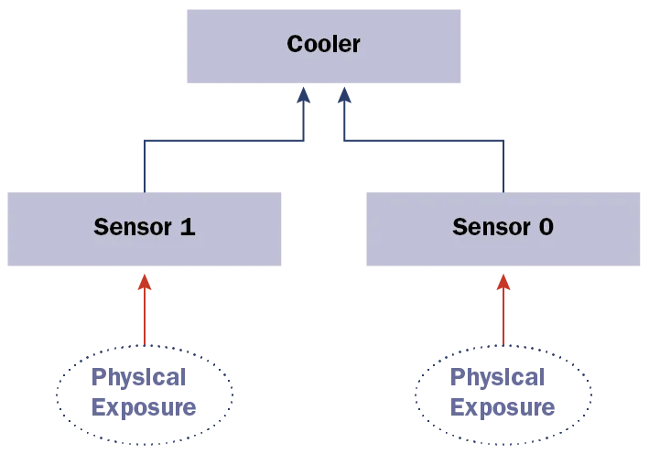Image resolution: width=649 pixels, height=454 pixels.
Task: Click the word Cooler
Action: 323,44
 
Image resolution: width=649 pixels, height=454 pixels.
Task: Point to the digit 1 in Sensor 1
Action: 188,226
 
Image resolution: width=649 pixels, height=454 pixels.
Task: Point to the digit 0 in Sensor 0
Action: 546,226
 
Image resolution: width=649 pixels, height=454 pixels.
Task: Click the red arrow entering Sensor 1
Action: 143,316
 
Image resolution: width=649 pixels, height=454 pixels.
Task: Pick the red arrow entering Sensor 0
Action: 502,316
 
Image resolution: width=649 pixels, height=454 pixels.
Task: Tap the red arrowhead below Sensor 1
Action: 143,281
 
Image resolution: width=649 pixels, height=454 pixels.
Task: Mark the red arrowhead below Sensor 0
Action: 502,281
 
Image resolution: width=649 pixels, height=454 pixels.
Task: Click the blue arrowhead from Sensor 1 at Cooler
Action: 304,96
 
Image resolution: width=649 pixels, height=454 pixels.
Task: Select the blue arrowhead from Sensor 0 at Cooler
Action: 343,96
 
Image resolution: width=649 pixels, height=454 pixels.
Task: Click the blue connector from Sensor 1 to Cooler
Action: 220,142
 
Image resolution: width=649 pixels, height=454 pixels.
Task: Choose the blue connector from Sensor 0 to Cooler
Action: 426,142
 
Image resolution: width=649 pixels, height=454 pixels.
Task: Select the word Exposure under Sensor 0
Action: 502,406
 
